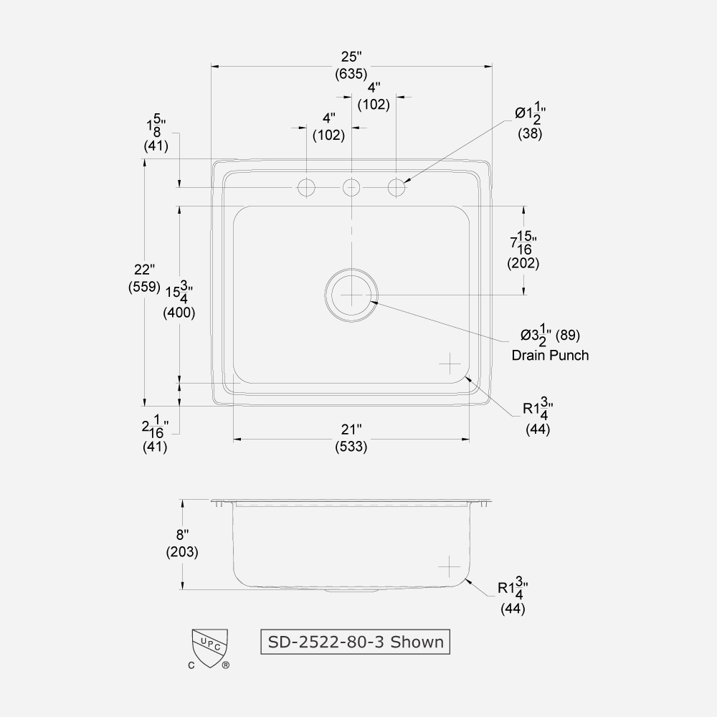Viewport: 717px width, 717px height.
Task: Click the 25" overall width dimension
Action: tap(351, 56)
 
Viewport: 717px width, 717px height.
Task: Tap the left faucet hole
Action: tap(307, 188)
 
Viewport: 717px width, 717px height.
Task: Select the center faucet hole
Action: tap(351, 188)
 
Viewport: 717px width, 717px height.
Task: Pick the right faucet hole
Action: tap(397, 188)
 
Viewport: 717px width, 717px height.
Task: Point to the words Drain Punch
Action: tap(550, 355)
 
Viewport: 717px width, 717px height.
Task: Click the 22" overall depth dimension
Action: tap(144, 270)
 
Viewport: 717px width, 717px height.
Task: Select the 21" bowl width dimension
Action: tap(351, 429)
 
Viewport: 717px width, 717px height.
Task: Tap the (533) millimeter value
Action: tap(351, 447)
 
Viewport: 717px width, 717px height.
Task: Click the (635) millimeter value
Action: tap(351, 73)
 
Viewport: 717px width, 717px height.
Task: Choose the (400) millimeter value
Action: tap(179, 313)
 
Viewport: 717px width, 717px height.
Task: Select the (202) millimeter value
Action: tap(523, 263)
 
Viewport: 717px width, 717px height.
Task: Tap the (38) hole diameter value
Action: tap(530, 133)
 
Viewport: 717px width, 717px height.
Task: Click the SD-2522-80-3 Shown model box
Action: tap(355, 641)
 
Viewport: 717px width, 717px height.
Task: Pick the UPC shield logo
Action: tap(209, 644)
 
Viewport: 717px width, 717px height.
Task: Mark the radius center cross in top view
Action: tap(450, 364)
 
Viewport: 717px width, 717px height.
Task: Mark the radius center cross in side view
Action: tap(450, 566)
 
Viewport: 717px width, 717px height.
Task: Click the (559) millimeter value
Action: tap(144, 287)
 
